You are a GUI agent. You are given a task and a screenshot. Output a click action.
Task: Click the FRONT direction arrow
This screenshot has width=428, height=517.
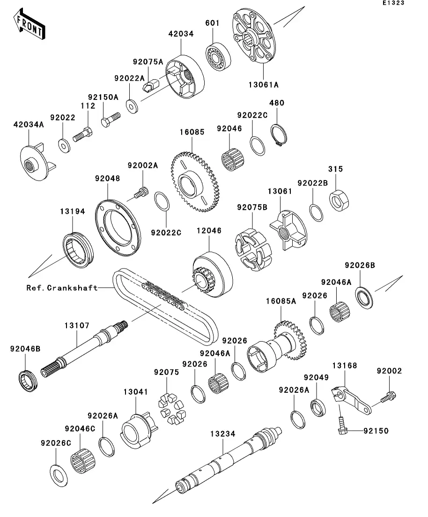[x=30, y=24]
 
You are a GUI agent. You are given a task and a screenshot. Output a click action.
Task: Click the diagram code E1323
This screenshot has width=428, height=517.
[x=393, y=3]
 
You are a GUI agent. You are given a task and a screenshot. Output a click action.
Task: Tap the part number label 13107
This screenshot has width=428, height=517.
[x=77, y=325]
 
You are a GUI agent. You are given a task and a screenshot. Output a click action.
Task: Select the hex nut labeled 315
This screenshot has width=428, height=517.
[x=339, y=200]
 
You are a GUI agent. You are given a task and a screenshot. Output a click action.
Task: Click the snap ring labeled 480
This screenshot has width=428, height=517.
[x=279, y=135]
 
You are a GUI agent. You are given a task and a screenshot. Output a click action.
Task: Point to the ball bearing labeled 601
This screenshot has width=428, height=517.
[x=218, y=57]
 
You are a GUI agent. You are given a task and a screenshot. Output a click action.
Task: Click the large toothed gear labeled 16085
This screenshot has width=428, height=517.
[x=194, y=182]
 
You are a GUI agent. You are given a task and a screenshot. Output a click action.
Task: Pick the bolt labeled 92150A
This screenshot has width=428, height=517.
[x=111, y=120]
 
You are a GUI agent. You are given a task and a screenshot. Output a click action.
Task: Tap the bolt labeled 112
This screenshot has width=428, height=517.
[x=82, y=135]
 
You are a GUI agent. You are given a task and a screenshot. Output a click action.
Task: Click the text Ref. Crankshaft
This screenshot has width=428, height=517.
[x=62, y=288]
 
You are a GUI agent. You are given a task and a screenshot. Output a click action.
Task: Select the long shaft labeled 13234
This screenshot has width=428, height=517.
[x=229, y=461]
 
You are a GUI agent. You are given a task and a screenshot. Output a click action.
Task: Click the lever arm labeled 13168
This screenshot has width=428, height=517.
[x=351, y=400]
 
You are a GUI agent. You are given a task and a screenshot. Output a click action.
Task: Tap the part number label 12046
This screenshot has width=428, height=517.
[x=209, y=231]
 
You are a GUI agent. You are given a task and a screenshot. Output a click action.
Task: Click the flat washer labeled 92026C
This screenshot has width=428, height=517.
[x=59, y=475]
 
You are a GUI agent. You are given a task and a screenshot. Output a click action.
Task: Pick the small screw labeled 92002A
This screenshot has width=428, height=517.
[x=142, y=193]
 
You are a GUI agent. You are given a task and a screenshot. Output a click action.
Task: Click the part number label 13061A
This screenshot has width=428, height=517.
[x=263, y=85]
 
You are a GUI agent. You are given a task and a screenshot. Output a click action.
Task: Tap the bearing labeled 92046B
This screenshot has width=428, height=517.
[x=28, y=381]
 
